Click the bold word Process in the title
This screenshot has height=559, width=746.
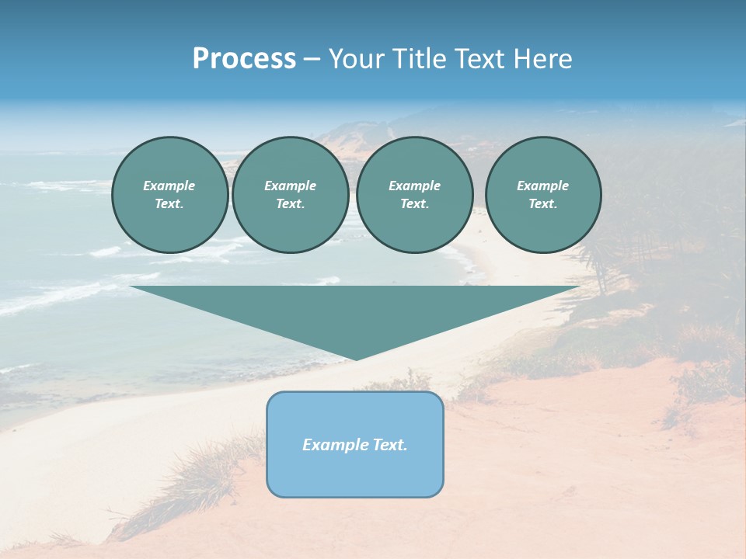click(x=244, y=59)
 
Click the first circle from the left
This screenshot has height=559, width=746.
click(x=169, y=195)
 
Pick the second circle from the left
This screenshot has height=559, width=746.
click(x=290, y=195)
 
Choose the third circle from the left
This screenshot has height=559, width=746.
click(x=414, y=195)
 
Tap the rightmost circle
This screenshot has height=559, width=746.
click(x=542, y=195)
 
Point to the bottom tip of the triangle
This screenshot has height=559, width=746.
click(x=355, y=359)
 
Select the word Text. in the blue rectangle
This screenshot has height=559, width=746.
click(x=390, y=445)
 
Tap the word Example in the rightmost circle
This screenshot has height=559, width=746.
click(x=542, y=186)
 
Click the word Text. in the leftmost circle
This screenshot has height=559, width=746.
click(x=169, y=204)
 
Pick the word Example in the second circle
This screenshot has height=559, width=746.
click(x=290, y=186)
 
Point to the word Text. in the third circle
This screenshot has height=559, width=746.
click(x=414, y=204)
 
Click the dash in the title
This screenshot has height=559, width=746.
click(x=312, y=59)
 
